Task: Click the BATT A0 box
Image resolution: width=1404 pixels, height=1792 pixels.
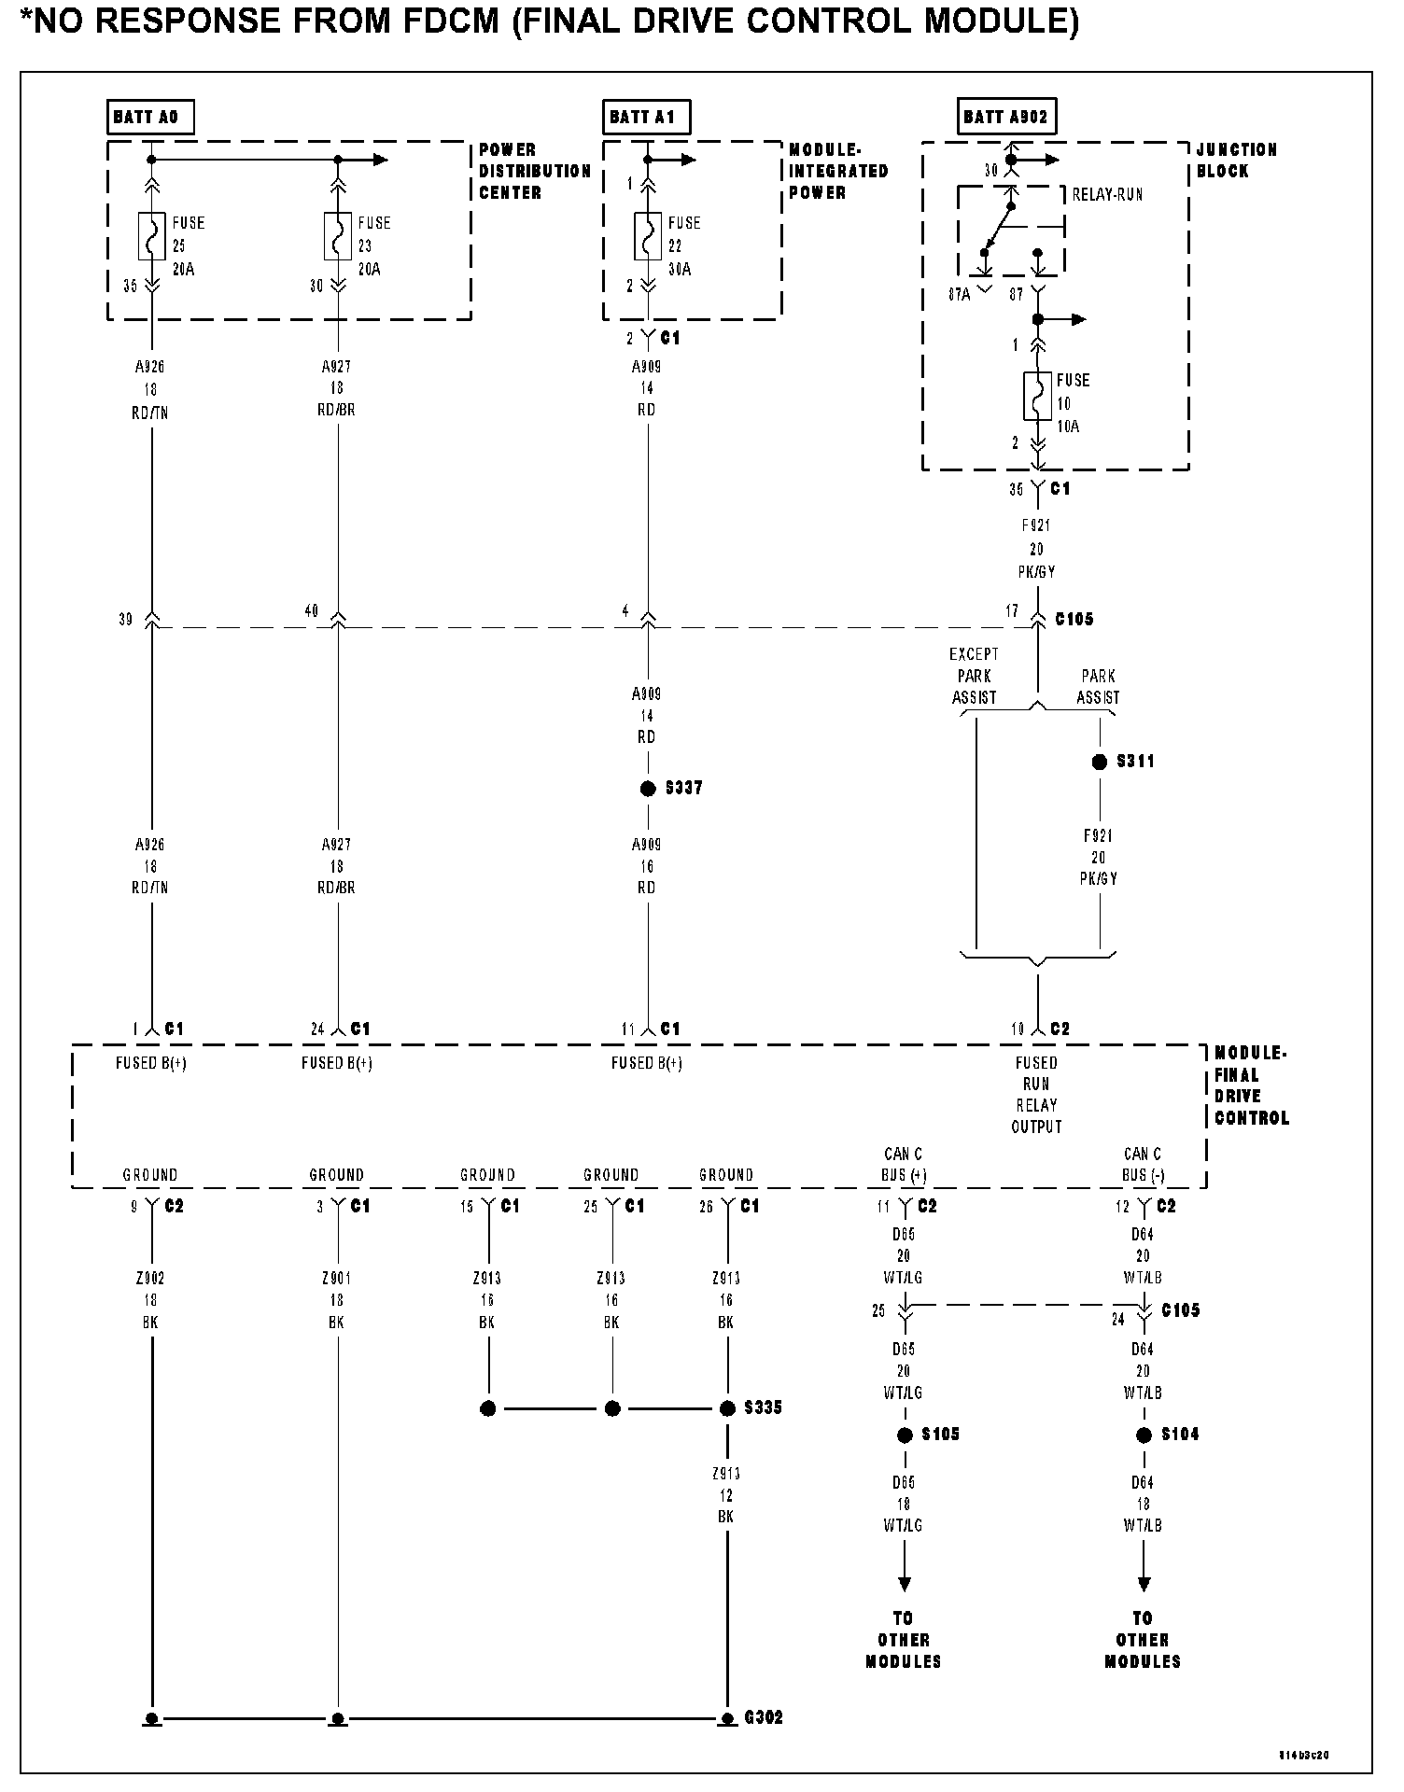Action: pyautogui.click(x=149, y=118)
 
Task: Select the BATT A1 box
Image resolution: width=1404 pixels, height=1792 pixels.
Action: pyautogui.click(x=645, y=118)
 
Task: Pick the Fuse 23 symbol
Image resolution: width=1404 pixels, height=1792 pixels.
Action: pyautogui.click(x=338, y=237)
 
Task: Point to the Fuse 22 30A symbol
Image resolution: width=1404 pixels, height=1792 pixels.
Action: pyautogui.click(x=648, y=237)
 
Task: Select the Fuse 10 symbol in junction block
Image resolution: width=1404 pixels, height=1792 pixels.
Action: pyautogui.click(x=1038, y=396)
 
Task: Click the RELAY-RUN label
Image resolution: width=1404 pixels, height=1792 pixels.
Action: pyautogui.click(x=1106, y=195)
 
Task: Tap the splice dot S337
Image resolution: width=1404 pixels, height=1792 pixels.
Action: pyautogui.click(x=648, y=789)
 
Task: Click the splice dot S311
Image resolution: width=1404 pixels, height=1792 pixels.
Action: pyautogui.click(x=1100, y=762)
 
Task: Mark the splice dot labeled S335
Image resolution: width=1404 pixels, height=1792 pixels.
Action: pyautogui.click(x=727, y=1408)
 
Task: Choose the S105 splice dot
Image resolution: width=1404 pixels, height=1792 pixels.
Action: pyautogui.click(x=904, y=1435)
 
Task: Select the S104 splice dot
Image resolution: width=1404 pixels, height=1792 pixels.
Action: pyautogui.click(x=1144, y=1435)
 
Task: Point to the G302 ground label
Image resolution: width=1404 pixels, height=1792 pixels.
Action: pyautogui.click(x=764, y=1717)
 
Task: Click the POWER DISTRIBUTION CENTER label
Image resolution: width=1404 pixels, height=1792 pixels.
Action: pyautogui.click(x=534, y=171)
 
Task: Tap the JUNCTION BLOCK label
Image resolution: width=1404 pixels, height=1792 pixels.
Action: pyautogui.click(x=1236, y=160)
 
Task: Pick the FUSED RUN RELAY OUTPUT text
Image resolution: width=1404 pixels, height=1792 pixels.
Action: pyautogui.click(x=1036, y=1094)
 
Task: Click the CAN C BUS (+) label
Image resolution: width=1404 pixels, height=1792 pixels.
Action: pyautogui.click(x=904, y=1165)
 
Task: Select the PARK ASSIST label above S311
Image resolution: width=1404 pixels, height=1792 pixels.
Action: pyautogui.click(x=1098, y=686)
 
